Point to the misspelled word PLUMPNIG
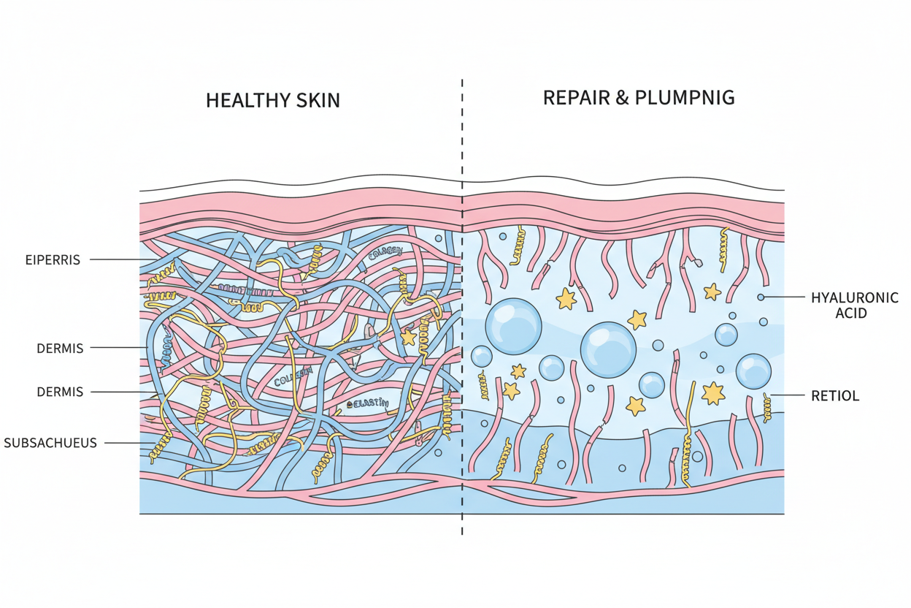click(688, 97)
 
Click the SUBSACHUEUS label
click(50, 442)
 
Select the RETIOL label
click(835, 396)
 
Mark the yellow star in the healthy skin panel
click(408, 338)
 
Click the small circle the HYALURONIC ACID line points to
click(761, 297)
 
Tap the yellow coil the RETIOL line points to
click(768, 406)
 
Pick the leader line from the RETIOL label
click(788, 395)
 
